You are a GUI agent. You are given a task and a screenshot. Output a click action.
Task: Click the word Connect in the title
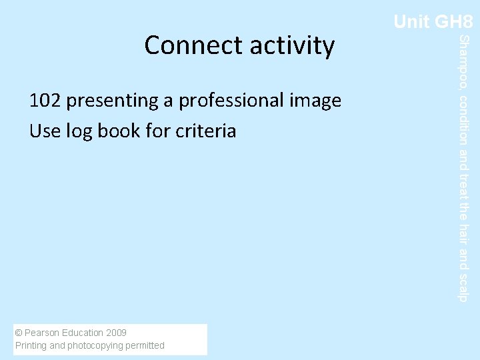[x=194, y=45]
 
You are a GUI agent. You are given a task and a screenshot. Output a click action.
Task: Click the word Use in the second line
[x=45, y=131]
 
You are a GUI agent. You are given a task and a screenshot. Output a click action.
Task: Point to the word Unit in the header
[x=411, y=22]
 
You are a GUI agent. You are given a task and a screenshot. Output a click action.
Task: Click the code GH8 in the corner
[x=453, y=22]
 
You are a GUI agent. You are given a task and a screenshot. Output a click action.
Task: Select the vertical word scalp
[x=465, y=287]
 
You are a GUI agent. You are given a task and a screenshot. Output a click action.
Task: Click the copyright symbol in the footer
[x=19, y=333]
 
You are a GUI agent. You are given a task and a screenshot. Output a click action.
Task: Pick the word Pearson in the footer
[x=44, y=333]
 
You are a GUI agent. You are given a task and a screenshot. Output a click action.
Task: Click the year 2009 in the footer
[x=116, y=333]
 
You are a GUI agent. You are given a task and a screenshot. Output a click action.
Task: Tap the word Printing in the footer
[x=31, y=345]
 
